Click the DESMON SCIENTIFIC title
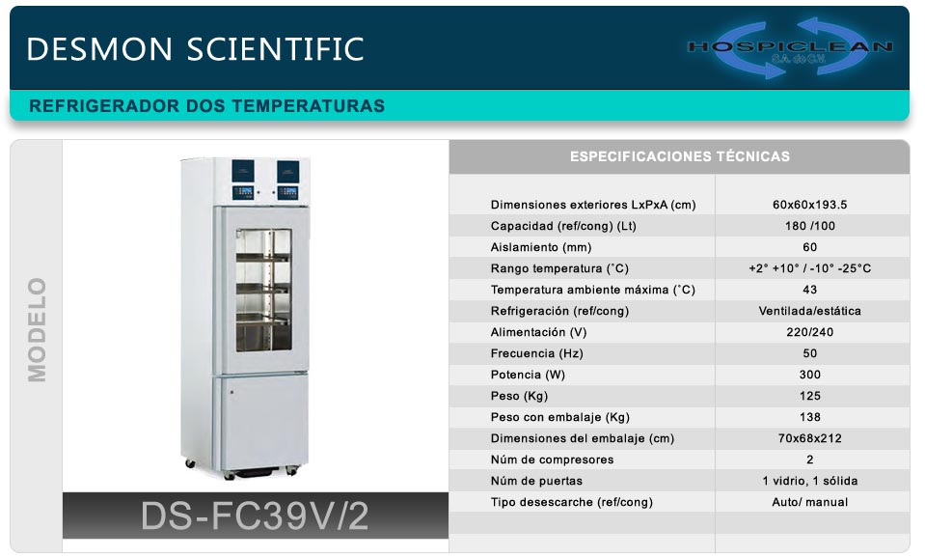pyautogui.click(x=195, y=49)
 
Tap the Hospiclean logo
pyautogui.click(x=790, y=48)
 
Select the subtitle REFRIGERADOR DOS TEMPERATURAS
pyautogui.click(x=207, y=106)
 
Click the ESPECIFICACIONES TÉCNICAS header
pyautogui.click(x=680, y=156)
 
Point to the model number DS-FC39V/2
pyautogui.click(x=255, y=516)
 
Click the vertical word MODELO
pyautogui.click(x=37, y=330)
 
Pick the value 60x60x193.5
pyautogui.click(x=809, y=205)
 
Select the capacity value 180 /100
pyautogui.click(x=809, y=226)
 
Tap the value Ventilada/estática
pyautogui.click(x=809, y=311)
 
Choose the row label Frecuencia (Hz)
pyautogui.click(x=537, y=353)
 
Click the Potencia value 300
pyautogui.click(x=809, y=375)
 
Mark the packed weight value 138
pyautogui.click(x=809, y=417)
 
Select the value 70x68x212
pyautogui.click(x=809, y=438)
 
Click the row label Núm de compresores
pyautogui.click(x=552, y=460)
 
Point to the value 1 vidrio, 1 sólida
pyautogui.click(x=809, y=481)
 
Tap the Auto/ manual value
pyautogui.click(x=809, y=503)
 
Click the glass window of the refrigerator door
pyautogui.click(x=263, y=291)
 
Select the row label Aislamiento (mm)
pyautogui.click(x=541, y=247)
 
